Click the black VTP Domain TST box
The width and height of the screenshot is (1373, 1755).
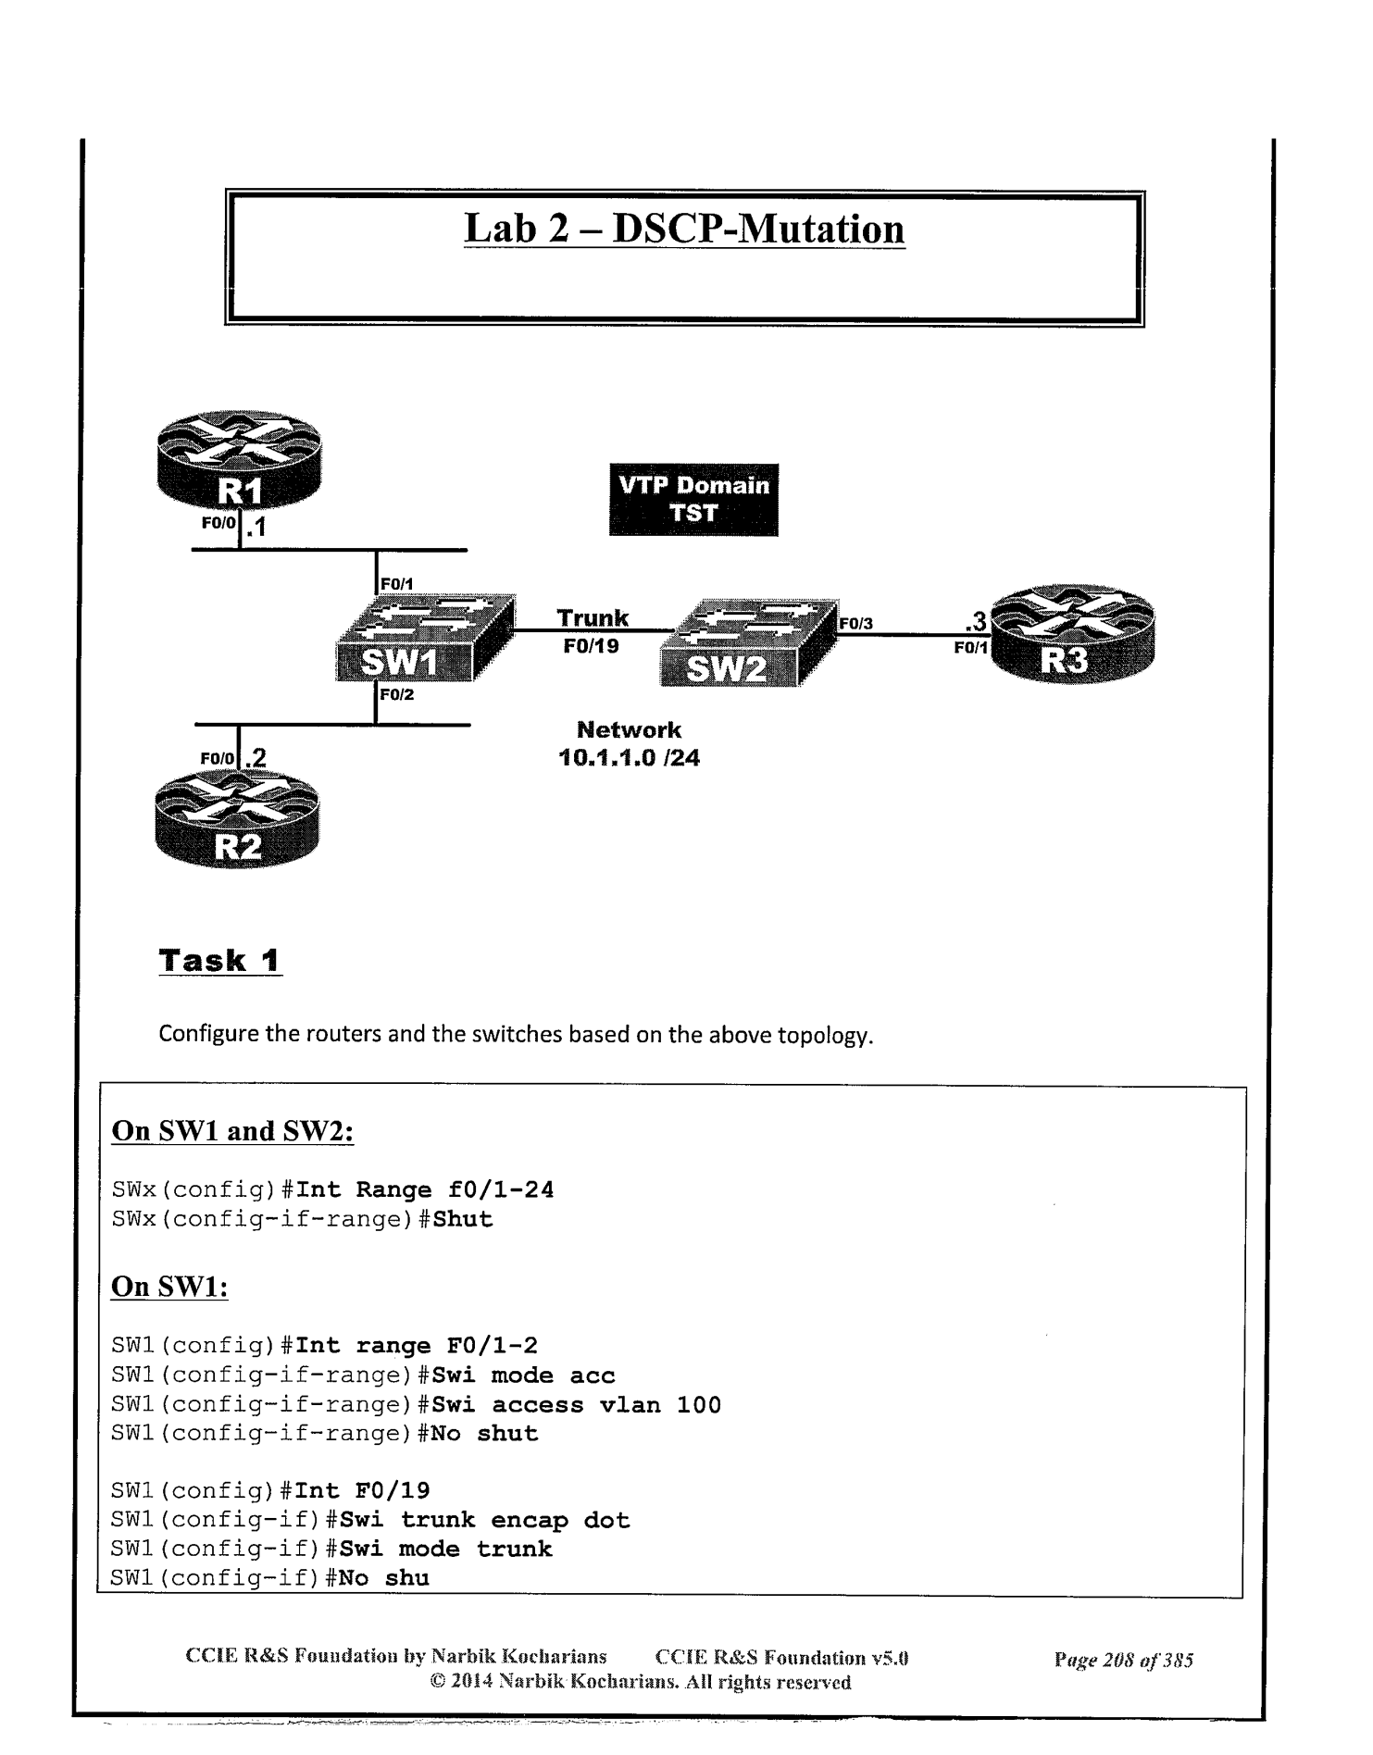coord(693,500)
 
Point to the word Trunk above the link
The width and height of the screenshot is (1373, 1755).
coord(593,618)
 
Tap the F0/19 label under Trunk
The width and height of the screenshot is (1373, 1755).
coord(591,646)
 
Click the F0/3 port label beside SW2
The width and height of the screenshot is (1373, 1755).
coord(855,625)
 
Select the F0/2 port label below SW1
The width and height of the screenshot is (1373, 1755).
coord(396,694)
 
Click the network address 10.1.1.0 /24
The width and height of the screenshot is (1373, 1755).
coord(629,758)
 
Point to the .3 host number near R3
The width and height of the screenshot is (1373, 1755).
coord(975,621)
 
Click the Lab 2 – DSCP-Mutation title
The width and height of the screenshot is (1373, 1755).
coord(684,229)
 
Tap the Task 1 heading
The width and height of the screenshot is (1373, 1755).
coord(219,961)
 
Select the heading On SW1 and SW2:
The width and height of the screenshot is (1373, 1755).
coord(232,1131)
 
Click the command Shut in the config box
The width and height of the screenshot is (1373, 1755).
coord(463,1219)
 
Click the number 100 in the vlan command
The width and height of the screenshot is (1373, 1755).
coord(698,1405)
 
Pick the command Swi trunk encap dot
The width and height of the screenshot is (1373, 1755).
coord(484,1520)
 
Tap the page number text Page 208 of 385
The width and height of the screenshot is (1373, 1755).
coord(1123,1660)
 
